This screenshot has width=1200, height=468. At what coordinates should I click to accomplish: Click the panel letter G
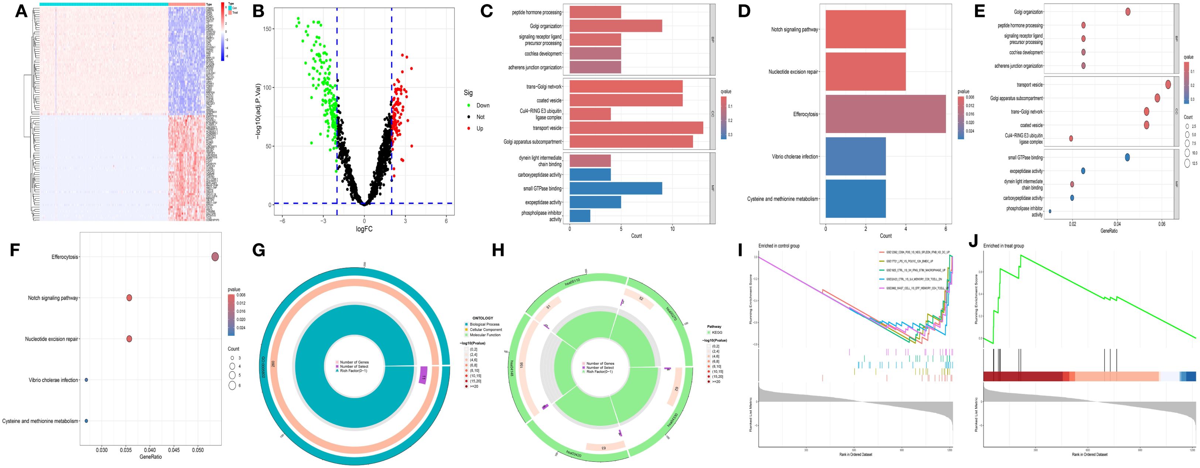coord(259,250)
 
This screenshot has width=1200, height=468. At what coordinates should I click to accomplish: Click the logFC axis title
coord(364,229)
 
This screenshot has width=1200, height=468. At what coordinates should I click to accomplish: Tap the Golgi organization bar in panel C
coord(615,26)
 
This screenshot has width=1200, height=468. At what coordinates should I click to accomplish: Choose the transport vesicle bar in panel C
coord(636,128)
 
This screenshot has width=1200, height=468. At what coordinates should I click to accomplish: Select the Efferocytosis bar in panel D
coord(885,114)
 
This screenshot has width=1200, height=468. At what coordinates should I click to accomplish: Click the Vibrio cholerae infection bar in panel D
coord(855,156)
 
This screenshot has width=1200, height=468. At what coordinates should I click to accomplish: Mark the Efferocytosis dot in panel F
coord(215,257)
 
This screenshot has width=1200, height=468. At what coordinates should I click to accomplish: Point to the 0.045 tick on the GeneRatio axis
coord(174,451)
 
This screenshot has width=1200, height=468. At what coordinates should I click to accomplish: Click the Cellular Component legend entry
coord(485,330)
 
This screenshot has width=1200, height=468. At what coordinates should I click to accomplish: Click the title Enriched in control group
coord(779,246)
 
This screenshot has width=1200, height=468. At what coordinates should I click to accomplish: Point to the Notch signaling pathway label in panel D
coord(794,29)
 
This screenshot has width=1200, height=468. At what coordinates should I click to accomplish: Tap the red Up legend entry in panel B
coord(479,128)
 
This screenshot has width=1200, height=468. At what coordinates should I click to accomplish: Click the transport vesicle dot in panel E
coord(1168,84)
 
